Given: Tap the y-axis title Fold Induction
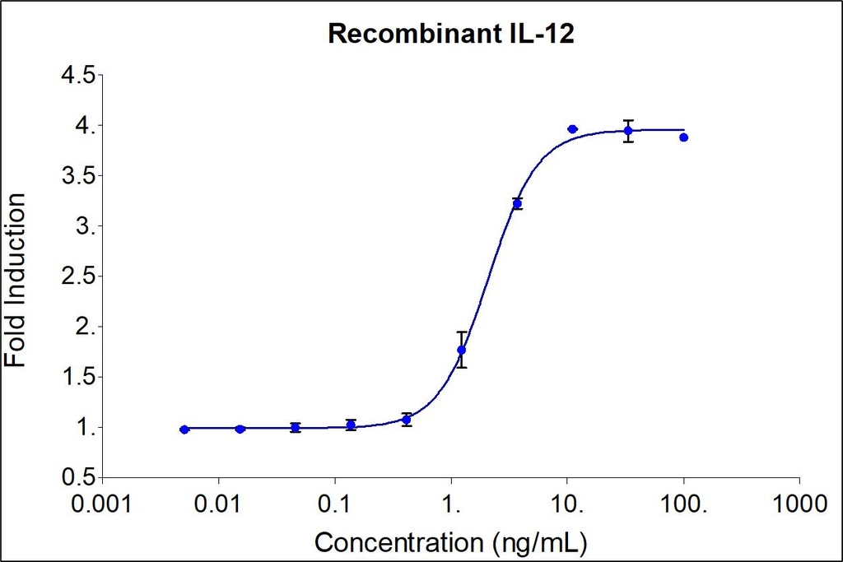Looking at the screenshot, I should click(16, 280).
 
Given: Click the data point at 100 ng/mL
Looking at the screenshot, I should click(683, 137).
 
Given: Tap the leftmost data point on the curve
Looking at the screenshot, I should click(184, 430).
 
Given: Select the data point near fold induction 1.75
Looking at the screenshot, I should click(462, 351).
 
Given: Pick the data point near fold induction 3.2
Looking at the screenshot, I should click(517, 203).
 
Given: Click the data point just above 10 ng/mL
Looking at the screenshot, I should click(572, 129).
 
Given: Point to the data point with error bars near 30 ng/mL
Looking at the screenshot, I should click(628, 131).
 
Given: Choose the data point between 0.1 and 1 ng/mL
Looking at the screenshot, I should click(406, 420).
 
